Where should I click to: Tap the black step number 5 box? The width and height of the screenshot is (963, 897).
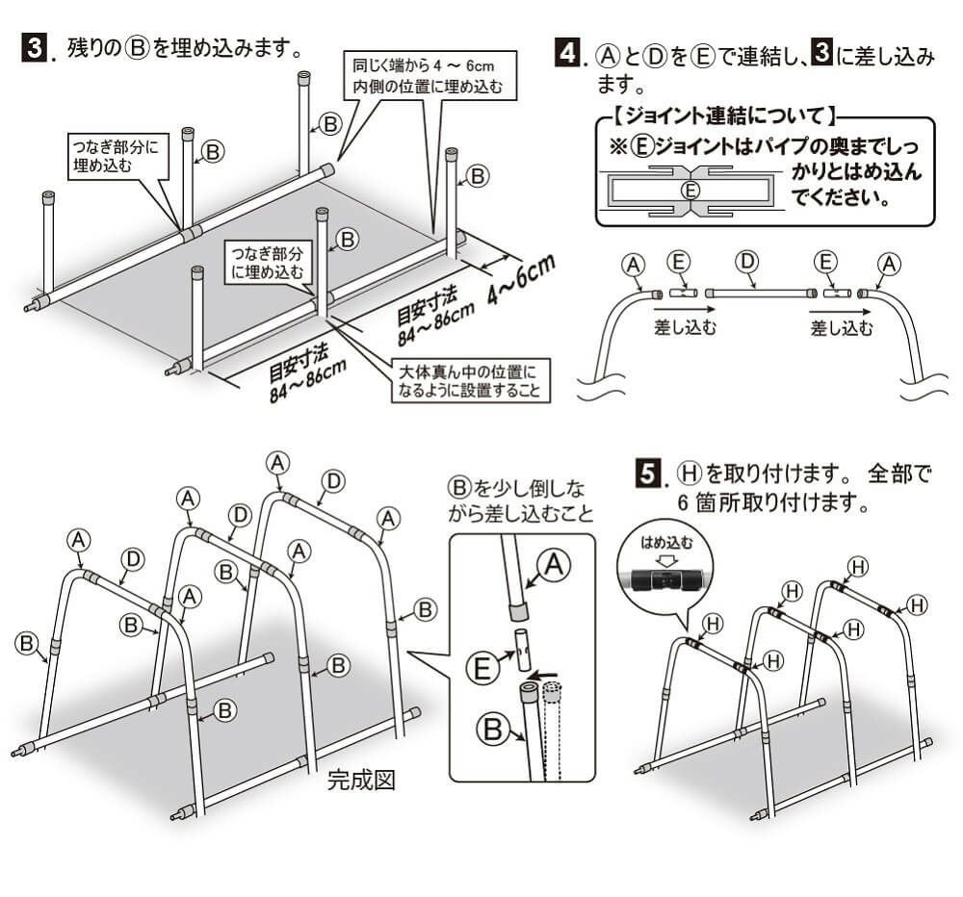click(650, 474)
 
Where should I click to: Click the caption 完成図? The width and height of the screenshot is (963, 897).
click(361, 780)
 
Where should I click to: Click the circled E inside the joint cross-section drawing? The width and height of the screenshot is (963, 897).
click(690, 191)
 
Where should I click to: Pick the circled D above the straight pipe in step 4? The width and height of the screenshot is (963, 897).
click(745, 263)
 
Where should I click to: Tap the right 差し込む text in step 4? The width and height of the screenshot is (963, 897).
click(841, 328)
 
